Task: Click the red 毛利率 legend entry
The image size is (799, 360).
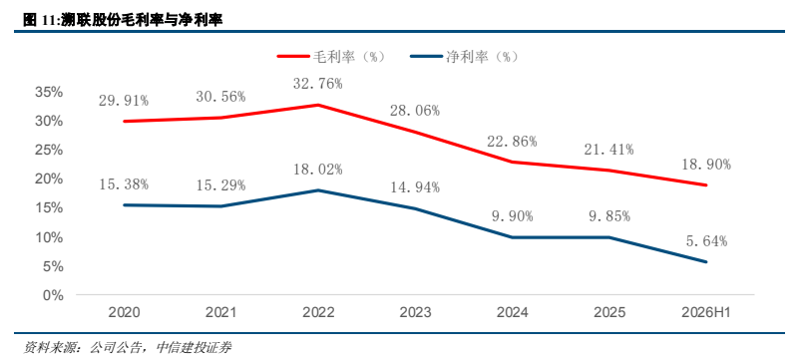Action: tap(331, 56)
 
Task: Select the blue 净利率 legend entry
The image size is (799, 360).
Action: tap(464, 56)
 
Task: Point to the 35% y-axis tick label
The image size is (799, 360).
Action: tap(49, 92)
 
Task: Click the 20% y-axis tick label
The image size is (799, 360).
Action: tap(49, 180)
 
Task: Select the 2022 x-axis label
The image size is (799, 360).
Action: tap(318, 312)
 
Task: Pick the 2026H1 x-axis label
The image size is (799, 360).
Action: tap(707, 312)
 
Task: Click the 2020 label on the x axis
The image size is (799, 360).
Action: tap(125, 312)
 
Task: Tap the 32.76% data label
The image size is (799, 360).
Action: tap(318, 84)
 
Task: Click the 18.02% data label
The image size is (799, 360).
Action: tap(318, 170)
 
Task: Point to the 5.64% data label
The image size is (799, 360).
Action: tap(706, 241)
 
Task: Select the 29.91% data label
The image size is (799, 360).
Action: tap(124, 101)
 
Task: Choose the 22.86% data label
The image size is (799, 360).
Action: tap(512, 141)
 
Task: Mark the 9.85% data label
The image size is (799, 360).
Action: tap(608, 216)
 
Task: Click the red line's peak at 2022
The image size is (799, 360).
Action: tap(318, 105)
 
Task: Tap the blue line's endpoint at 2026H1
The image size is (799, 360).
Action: tap(707, 262)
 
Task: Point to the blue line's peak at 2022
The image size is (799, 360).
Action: tap(318, 190)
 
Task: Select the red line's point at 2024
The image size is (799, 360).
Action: tap(513, 162)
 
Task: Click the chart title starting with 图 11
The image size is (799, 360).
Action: tap(124, 20)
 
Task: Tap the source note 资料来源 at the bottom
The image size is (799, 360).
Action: tap(128, 348)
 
